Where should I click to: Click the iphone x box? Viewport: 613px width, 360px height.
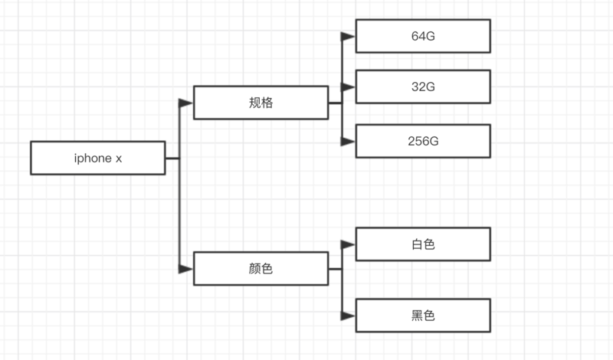tap(97, 158)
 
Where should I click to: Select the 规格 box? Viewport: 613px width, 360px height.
tap(261, 103)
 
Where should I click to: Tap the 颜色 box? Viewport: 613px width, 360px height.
tap(261, 269)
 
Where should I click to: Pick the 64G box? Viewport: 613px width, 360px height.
tap(423, 36)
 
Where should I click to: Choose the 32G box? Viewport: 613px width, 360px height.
tap(423, 87)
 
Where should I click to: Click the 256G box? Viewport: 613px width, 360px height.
tap(423, 141)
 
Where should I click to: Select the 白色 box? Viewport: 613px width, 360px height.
tap(423, 244)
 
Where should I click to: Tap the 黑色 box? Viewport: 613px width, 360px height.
tap(423, 315)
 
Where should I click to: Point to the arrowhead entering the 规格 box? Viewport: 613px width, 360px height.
tap(186, 103)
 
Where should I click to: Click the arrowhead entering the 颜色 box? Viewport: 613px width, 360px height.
tap(186, 269)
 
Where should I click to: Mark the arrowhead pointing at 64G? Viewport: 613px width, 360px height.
tap(349, 36)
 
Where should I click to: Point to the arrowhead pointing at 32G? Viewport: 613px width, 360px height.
tap(349, 87)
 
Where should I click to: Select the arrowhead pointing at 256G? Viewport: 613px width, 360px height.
tap(349, 141)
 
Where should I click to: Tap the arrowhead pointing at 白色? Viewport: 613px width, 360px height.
tap(349, 244)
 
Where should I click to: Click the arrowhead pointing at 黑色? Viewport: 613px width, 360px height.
tap(349, 315)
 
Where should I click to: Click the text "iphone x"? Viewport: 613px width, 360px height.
tap(97, 159)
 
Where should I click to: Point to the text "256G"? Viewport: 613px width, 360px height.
tap(423, 142)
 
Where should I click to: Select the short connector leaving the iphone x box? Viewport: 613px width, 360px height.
tap(172, 159)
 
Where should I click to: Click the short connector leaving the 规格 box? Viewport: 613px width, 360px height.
tap(335, 103)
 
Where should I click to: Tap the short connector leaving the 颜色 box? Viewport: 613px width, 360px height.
tap(335, 269)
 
